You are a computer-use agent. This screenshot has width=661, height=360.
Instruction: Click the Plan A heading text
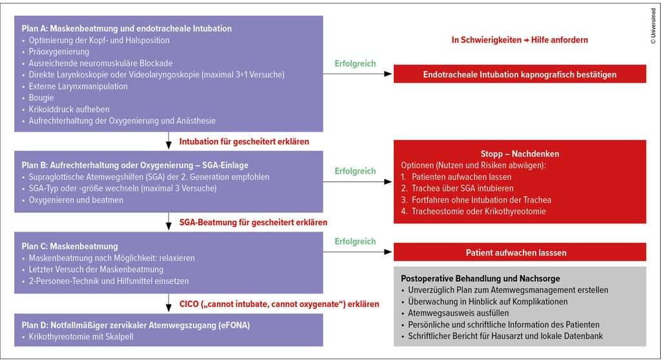(x=127, y=29)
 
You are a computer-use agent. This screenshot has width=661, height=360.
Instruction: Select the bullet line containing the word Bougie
(x=43, y=97)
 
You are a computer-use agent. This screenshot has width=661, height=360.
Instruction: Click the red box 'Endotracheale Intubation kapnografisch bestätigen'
(x=520, y=74)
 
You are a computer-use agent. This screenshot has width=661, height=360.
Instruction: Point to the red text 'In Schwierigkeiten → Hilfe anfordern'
(x=520, y=40)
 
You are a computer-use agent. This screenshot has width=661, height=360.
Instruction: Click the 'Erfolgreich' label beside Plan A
(x=355, y=64)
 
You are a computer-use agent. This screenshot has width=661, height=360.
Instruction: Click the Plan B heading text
(x=135, y=165)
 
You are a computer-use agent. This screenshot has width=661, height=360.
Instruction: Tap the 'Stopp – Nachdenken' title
(x=520, y=154)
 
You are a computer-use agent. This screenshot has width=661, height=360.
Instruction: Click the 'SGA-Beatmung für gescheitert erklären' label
(x=253, y=223)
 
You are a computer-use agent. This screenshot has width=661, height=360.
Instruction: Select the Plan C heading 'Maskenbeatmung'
(x=70, y=246)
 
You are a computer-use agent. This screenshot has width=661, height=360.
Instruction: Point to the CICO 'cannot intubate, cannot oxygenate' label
(x=279, y=304)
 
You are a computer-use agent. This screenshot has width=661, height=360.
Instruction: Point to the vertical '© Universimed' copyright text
(x=653, y=26)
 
